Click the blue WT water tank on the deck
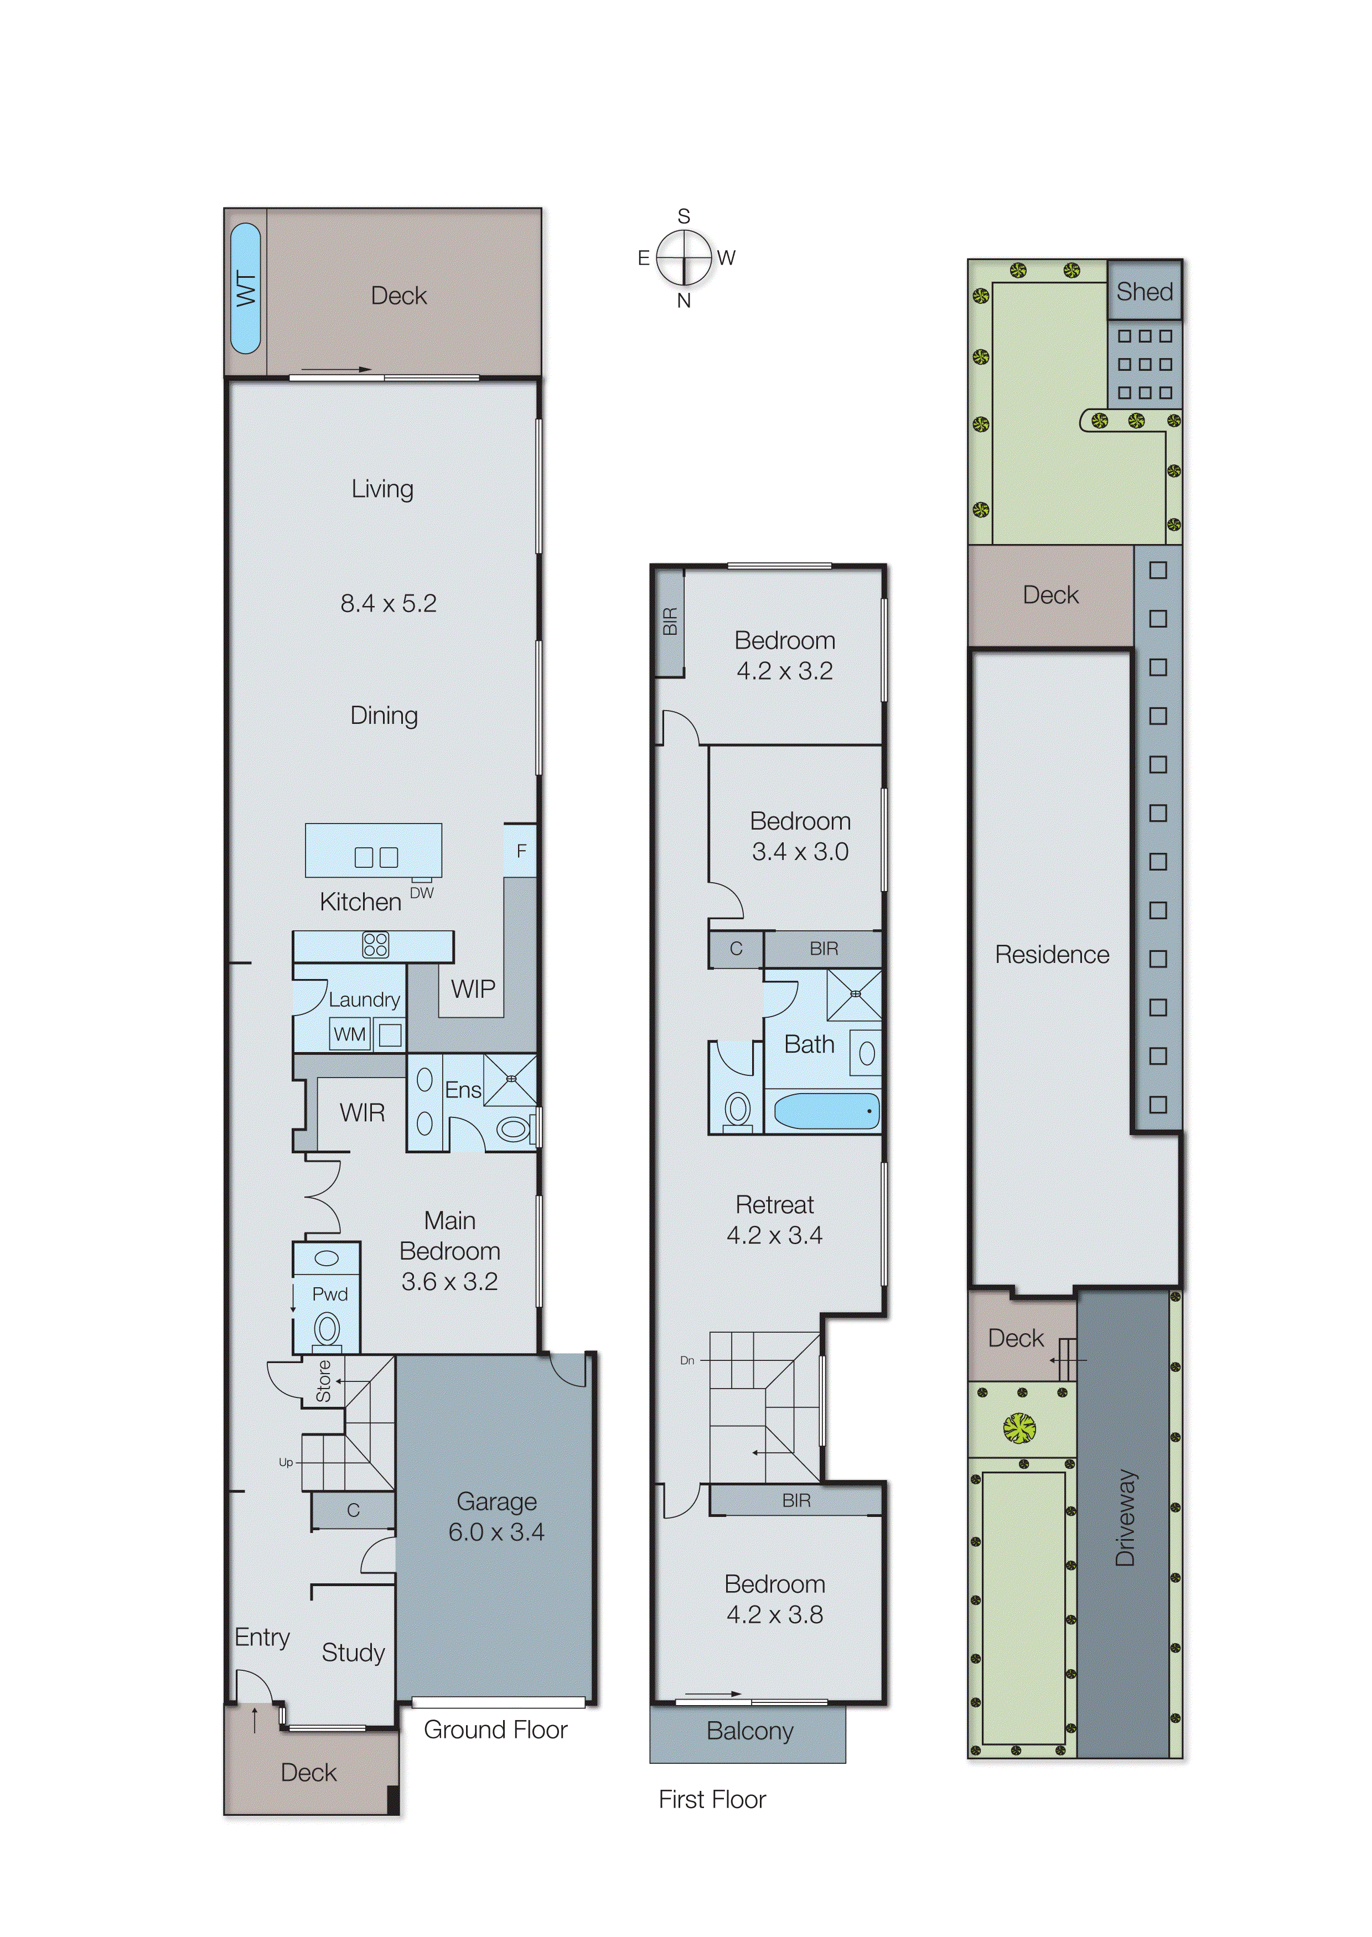[245, 288]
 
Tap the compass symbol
[684, 258]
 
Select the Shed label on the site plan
[1144, 292]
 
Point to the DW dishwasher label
[422, 893]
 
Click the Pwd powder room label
[329, 1294]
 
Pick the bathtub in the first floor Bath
[825, 1111]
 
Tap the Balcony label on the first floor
[749, 1731]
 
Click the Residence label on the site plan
[1052, 955]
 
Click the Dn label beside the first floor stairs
[687, 1360]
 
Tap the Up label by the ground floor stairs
[286, 1462]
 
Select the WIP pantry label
[472, 988]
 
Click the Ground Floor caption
[495, 1729]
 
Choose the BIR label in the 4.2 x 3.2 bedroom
[670, 621]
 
